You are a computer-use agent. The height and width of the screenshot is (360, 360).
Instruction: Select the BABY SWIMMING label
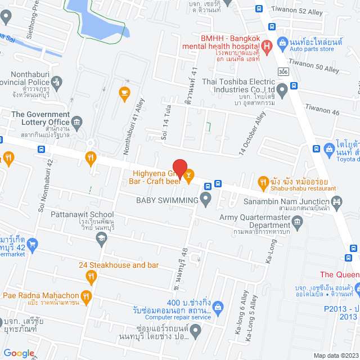click(x=167, y=200)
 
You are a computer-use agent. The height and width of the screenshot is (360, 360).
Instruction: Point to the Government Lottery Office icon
click(x=77, y=122)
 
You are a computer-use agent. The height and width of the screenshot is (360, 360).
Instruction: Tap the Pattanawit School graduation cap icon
click(x=101, y=239)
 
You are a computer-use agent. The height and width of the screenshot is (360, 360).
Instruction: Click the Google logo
click(x=19, y=353)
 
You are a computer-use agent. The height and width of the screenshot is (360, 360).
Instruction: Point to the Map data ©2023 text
click(x=335, y=355)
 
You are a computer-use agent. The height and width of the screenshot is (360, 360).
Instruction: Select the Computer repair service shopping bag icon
click(x=218, y=307)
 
